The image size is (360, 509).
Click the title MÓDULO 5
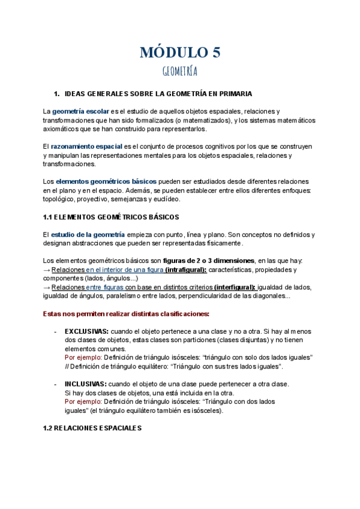tap(180, 52)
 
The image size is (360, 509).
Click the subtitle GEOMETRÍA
tap(180, 72)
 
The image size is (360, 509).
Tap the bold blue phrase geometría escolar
tap(80, 112)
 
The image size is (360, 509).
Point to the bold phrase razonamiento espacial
tap(86, 146)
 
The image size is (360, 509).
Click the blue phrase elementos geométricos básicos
tap(106, 181)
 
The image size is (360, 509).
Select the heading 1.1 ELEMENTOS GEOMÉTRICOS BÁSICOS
tap(111, 216)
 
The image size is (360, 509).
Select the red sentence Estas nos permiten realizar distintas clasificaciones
tap(126, 313)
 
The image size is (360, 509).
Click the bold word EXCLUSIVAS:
tap(86, 331)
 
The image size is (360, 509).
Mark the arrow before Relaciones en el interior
tap(47, 270)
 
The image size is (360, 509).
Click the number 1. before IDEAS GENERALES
tap(57, 94)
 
